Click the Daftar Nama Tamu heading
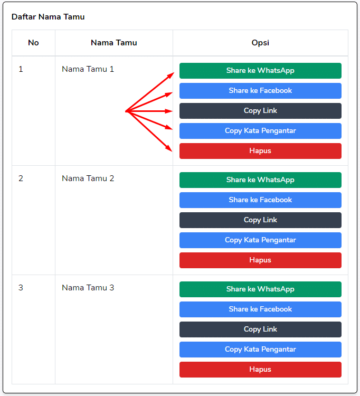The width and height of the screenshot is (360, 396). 48,17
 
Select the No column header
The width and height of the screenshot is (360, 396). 33,43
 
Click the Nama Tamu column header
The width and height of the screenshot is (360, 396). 114,43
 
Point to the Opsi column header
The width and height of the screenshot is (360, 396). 260,43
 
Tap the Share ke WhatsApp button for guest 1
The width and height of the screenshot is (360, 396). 260,71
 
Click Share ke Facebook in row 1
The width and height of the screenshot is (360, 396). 260,91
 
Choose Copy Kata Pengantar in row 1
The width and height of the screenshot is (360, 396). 260,131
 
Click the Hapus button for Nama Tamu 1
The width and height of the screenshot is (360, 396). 260,151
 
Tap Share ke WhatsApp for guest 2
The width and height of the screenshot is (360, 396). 260,180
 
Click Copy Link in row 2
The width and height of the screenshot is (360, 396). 260,220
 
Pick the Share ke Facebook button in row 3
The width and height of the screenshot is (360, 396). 260,309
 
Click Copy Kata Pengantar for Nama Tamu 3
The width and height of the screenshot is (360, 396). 260,350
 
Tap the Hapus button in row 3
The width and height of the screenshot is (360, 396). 260,370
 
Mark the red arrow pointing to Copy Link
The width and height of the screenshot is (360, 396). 149,111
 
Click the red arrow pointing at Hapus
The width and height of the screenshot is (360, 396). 149,131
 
